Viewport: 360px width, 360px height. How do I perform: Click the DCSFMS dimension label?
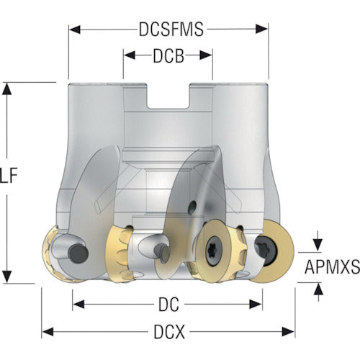tap(171, 30)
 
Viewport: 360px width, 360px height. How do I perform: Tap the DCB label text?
tap(168, 56)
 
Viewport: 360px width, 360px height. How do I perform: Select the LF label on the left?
tap(9, 176)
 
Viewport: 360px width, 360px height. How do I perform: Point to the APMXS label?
tap(332, 266)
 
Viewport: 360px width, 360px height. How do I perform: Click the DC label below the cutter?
tap(168, 305)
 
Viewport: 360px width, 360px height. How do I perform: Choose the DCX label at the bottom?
tap(169, 332)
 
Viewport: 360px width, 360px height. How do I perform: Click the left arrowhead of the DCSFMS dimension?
tap(75, 30)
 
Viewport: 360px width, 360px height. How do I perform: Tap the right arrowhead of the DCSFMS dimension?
tap(261, 29)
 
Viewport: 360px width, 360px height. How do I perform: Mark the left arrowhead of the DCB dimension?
tap(130, 55)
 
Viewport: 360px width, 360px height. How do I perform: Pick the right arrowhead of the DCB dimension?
tap(206, 55)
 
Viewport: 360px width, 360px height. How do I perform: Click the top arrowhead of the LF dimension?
tap(7, 89)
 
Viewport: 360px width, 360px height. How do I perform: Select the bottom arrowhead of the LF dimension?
tap(7, 276)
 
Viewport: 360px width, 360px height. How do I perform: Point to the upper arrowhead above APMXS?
tap(318, 245)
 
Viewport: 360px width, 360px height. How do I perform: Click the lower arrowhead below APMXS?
tap(318, 289)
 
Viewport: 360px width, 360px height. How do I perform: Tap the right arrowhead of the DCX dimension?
tap(288, 332)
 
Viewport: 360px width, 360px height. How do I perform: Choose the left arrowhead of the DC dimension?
tap(78, 304)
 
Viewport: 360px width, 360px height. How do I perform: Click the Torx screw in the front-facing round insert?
tap(213, 251)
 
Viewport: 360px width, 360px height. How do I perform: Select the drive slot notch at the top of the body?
tap(168, 96)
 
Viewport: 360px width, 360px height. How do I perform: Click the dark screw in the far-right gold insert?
tap(266, 251)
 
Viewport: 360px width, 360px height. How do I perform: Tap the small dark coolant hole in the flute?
tap(192, 207)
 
